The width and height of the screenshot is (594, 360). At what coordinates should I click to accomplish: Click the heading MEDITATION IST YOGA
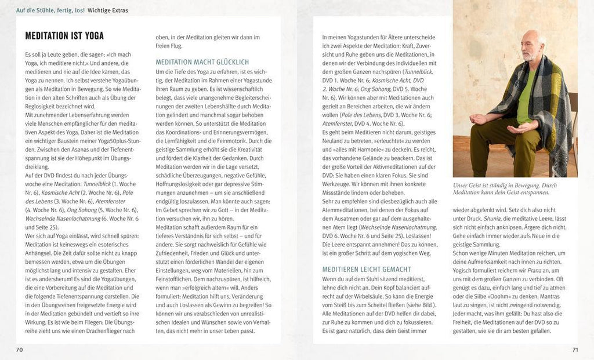click(64, 36)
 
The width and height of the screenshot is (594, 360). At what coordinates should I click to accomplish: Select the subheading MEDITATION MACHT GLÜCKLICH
click(202, 62)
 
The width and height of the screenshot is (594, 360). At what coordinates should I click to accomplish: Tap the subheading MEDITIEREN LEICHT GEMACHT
click(365, 269)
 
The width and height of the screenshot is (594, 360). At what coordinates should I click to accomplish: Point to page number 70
click(19, 350)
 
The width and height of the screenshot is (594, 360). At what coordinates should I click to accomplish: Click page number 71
click(575, 350)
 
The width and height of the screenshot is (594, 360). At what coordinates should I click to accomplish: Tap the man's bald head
click(531, 39)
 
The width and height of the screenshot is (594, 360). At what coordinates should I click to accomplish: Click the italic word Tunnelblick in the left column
click(98, 183)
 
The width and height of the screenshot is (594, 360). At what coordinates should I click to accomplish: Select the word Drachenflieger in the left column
click(106, 330)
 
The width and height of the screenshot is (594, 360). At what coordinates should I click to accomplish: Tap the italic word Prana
click(544, 270)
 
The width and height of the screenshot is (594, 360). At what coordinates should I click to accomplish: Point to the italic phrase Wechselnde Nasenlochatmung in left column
click(53, 218)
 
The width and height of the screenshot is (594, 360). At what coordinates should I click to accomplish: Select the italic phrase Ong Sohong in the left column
click(79, 209)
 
